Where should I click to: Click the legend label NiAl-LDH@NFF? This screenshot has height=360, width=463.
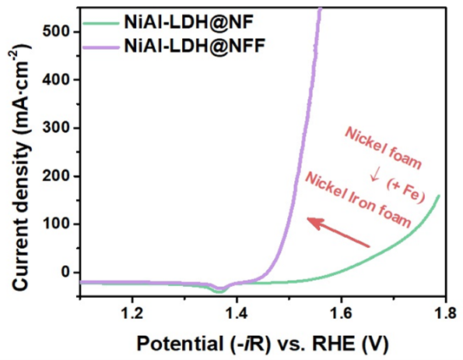[191, 45]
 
